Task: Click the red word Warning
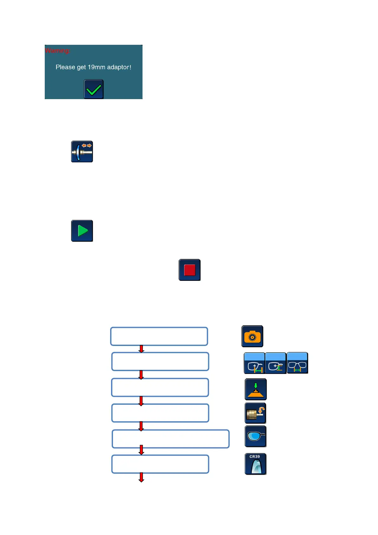pyautogui.click(x=57, y=51)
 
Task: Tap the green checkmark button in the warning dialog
pyautogui.click(x=94, y=89)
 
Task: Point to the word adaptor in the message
pyautogui.click(x=118, y=67)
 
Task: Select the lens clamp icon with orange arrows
pyautogui.click(x=82, y=152)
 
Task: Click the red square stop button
pyautogui.click(x=189, y=270)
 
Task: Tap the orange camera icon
pyautogui.click(x=252, y=336)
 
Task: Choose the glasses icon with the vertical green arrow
pyautogui.click(x=275, y=363)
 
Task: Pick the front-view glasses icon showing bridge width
pyautogui.click(x=297, y=363)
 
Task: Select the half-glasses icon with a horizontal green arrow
pyautogui.click(x=254, y=363)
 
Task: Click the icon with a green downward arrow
pyautogui.click(x=255, y=389)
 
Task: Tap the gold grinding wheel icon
pyautogui.click(x=255, y=413)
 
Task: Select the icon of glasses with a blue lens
pyautogui.click(x=255, y=437)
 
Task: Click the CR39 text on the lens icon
pyautogui.click(x=255, y=457)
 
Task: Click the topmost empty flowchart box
pyautogui.click(x=159, y=336)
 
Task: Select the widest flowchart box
pyautogui.click(x=170, y=439)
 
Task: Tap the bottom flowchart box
pyautogui.click(x=160, y=464)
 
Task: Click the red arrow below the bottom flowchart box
pyautogui.click(x=142, y=477)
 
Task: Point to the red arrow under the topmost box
pyautogui.click(x=142, y=349)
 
